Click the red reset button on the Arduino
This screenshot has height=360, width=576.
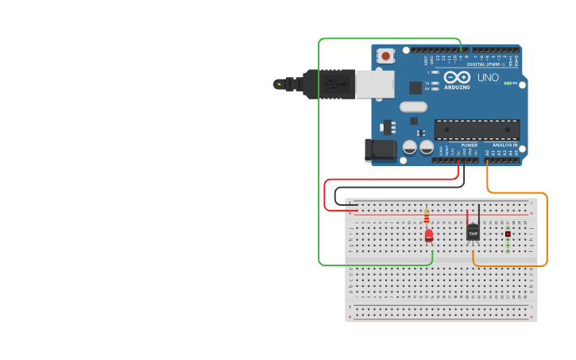[x=386, y=56]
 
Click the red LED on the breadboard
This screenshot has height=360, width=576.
[x=429, y=235]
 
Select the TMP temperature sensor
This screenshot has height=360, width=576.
[x=473, y=231]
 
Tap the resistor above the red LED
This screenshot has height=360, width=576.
[x=427, y=216]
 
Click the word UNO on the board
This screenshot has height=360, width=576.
[x=488, y=78]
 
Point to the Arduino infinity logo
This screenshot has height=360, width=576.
[x=457, y=78]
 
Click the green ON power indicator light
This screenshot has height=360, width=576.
[x=507, y=83]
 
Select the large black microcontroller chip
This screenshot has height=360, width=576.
[x=477, y=130]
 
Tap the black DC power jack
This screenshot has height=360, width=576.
[x=379, y=149]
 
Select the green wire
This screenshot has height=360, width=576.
[x=319, y=159]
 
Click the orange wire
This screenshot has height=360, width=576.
[x=547, y=230]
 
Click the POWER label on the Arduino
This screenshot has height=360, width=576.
[x=470, y=145]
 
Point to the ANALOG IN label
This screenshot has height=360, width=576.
[x=504, y=145]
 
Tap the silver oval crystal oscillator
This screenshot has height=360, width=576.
[x=413, y=106]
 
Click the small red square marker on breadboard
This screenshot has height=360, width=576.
[x=508, y=234]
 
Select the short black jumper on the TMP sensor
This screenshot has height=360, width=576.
[x=479, y=215]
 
